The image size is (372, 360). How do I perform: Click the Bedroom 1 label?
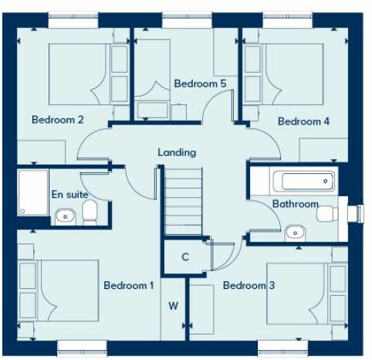click(x=129, y=286)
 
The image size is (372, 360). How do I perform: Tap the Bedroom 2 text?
click(x=57, y=120)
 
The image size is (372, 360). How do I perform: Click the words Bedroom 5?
click(x=200, y=83)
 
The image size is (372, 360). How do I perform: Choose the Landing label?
click(x=177, y=152)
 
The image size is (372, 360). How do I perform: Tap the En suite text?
click(x=69, y=195)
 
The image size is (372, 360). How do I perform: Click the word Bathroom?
click(x=295, y=204)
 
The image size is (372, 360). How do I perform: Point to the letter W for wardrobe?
click(x=174, y=306)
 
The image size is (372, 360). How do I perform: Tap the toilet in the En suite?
click(x=90, y=211)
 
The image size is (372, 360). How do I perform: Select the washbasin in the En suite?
click(x=65, y=216)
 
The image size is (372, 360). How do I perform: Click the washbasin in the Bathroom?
click(x=293, y=232)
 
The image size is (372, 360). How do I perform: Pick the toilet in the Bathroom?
click(x=328, y=212)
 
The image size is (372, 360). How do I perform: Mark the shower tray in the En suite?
click(x=32, y=193)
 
